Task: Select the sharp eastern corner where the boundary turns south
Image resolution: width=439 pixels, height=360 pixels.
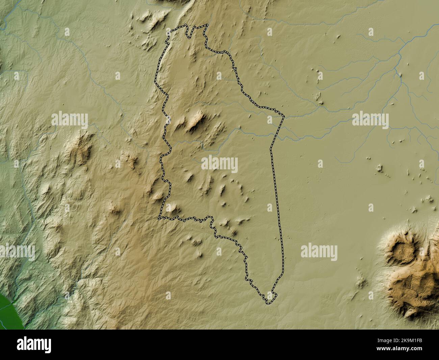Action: pos(283,117)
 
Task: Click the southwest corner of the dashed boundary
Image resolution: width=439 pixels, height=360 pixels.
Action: pos(159,218)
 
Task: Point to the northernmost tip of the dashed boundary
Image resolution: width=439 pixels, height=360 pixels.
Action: pos(207,25)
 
